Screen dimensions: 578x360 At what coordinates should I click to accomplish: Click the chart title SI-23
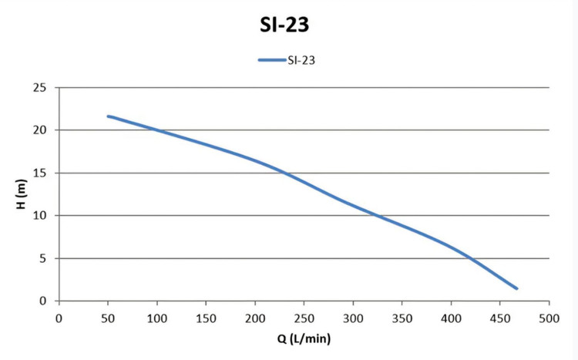[x=284, y=25]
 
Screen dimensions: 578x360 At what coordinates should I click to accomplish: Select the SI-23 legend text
[x=301, y=60]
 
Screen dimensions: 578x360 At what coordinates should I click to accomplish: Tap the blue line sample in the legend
[x=272, y=60]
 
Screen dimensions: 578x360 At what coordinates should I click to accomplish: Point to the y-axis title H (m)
[x=22, y=194]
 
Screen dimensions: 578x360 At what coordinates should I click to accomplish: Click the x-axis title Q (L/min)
[x=304, y=338]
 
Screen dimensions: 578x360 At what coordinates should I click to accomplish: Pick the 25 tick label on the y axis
[x=40, y=88]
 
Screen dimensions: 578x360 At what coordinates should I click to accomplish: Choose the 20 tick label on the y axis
[x=40, y=130]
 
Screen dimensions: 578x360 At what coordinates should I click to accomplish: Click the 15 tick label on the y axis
[x=40, y=173]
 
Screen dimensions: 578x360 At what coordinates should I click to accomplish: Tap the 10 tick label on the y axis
[x=40, y=215]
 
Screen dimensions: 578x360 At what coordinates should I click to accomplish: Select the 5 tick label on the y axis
[x=43, y=258]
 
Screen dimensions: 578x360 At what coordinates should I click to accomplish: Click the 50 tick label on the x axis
[x=108, y=318]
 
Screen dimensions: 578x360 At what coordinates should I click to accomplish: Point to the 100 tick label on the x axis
[x=157, y=318]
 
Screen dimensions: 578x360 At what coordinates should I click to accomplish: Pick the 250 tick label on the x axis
[x=304, y=318]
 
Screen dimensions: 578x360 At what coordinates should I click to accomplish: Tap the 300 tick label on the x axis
[x=353, y=318]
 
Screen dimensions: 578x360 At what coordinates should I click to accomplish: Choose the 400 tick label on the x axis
[x=451, y=318]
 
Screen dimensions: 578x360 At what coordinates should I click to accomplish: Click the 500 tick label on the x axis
[x=549, y=318]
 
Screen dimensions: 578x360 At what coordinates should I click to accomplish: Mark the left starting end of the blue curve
[x=109, y=116]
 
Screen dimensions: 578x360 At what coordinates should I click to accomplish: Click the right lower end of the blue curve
[x=517, y=288]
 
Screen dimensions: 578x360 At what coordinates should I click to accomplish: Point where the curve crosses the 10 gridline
[x=377, y=215]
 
